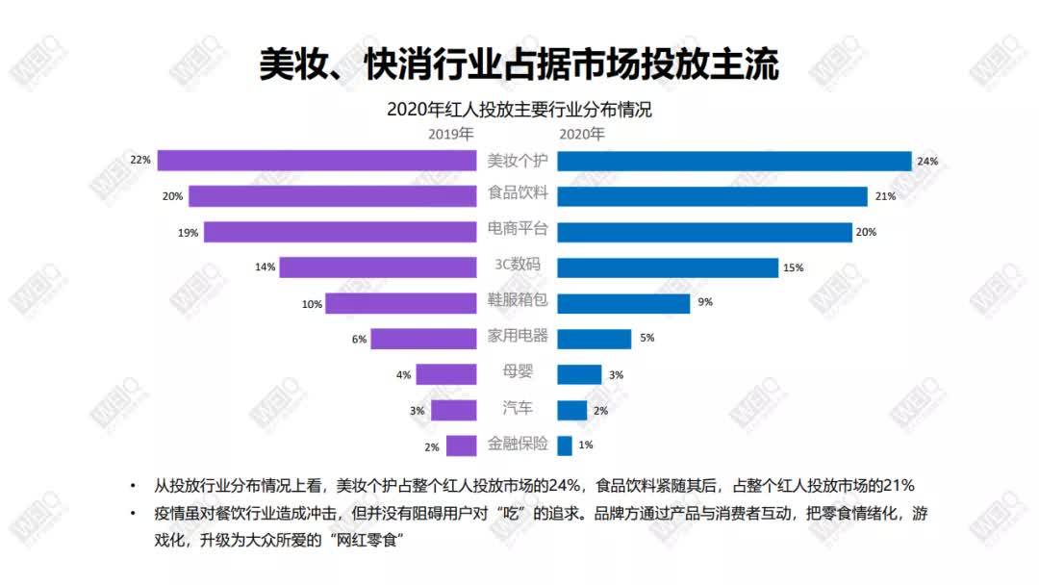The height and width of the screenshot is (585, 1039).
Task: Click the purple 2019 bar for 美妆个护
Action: point(317,161)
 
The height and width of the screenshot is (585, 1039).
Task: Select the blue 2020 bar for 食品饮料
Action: point(712,196)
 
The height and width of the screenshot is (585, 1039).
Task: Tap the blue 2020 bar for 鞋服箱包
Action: point(623,303)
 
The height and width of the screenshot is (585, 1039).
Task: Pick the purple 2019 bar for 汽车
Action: point(453,410)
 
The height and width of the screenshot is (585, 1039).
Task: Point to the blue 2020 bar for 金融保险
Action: point(565,445)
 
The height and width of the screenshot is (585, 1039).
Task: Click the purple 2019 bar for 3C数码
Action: point(377,267)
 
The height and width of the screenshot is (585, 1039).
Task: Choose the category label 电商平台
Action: point(518,229)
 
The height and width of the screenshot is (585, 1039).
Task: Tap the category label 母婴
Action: point(518,371)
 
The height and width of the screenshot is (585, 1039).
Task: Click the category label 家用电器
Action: point(518,336)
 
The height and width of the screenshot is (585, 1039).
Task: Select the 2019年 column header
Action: point(451,134)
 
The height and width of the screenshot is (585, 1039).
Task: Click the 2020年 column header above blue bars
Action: point(582,134)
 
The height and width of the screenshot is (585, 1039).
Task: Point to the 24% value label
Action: point(927,162)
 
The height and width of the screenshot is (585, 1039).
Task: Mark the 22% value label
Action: point(140,160)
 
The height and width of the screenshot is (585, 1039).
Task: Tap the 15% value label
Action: point(793,268)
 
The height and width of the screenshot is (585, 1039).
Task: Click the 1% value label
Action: point(586,445)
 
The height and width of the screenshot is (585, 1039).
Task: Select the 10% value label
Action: point(311,304)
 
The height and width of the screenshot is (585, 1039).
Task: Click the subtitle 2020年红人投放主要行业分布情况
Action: point(519,110)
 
